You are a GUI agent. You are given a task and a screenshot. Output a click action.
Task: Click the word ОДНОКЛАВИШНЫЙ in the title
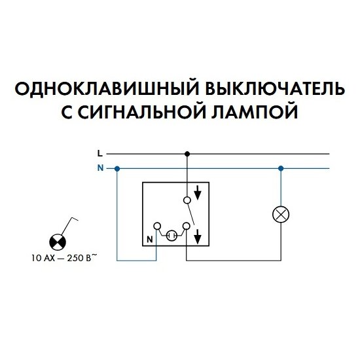[107, 88]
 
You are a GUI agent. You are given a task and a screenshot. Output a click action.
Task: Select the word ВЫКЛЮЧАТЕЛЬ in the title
[275, 88]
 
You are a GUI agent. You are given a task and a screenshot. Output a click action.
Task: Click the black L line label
[100, 154]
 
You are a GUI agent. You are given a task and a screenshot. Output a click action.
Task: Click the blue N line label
[100, 168]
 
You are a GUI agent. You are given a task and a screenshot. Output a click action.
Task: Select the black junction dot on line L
[187, 154]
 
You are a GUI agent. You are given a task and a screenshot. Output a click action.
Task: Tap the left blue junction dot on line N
[117, 169]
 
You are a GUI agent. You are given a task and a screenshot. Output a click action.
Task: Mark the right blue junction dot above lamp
[281, 169]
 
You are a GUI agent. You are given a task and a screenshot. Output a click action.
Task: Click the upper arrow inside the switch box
[198, 192]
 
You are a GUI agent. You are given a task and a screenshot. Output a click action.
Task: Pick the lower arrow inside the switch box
[198, 237]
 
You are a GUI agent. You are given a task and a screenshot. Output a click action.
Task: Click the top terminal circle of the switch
[187, 200]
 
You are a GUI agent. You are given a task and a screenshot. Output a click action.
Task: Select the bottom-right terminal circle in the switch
[187, 226]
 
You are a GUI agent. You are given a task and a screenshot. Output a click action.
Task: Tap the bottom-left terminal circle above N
[157, 226]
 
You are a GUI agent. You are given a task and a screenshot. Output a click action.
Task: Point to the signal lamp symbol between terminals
[171, 236]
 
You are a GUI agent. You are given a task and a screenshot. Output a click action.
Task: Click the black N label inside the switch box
[150, 240]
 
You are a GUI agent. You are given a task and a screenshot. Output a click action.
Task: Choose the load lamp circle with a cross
[281, 215]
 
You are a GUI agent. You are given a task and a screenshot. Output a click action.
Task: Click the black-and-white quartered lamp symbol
[58, 242]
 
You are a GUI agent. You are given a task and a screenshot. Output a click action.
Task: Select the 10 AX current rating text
[43, 258]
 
